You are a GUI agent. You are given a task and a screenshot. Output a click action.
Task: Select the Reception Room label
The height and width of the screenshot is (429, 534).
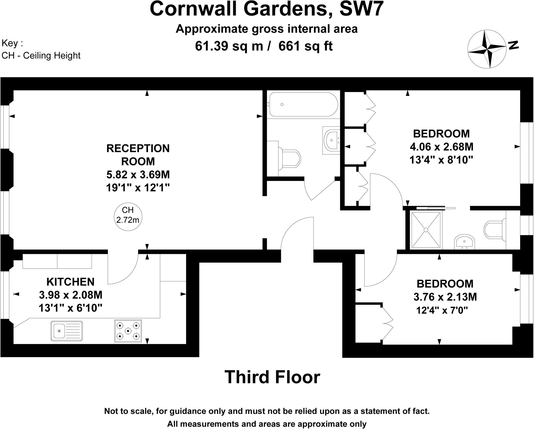pyautogui.click(x=138, y=155)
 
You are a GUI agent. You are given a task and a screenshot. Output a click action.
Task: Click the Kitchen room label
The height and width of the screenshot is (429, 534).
pyautogui.click(x=70, y=282)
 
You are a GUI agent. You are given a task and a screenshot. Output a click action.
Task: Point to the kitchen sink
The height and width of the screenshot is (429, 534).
pyautogui.click(x=66, y=331)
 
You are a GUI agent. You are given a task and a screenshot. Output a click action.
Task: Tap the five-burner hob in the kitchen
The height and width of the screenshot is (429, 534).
pyautogui.click(x=128, y=331)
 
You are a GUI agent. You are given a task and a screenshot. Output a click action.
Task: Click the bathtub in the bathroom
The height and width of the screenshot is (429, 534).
pyautogui.click(x=303, y=104)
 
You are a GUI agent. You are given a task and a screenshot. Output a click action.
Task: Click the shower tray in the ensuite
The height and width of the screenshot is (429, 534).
pyautogui.click(x=426, y=230)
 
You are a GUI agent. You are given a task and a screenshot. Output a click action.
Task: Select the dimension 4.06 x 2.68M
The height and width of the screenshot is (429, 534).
pyautogui.click(x=441, y=147)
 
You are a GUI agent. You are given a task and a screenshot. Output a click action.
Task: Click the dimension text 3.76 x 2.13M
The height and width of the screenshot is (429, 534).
pyautogui.click(x=445, y=297)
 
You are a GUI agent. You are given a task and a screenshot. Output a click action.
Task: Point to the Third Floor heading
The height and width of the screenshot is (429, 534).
pyautogui.click(x=272, y=377)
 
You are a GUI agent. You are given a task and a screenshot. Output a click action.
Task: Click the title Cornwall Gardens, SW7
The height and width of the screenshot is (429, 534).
pyautogui.click(x=266, y=9)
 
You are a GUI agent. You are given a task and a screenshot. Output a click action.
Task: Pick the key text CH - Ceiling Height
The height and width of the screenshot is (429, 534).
pyautogui.click(x=41, y=55)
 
